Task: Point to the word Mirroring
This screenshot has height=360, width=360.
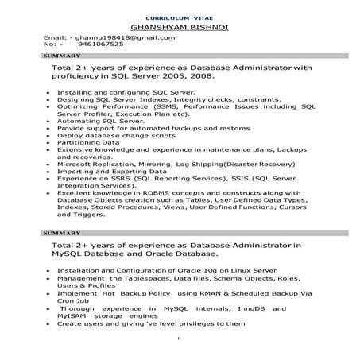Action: [160, 164]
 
